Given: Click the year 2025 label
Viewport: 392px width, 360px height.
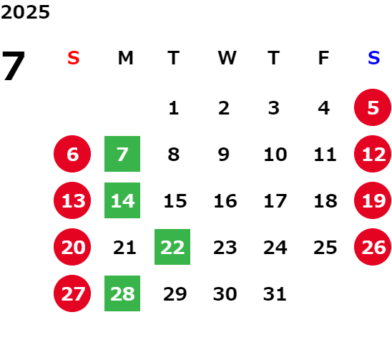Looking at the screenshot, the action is click(25, 12).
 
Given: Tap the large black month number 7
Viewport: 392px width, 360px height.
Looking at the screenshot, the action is click(14, 66).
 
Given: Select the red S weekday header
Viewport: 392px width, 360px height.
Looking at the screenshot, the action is click(74, 58).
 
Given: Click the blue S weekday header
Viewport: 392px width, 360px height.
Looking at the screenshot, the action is click(373, 58).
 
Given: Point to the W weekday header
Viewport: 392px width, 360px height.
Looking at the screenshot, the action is click(227, 58).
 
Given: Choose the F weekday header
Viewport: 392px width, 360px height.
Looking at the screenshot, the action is click(323, 58).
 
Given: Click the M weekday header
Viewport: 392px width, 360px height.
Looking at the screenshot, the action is click(125, 58).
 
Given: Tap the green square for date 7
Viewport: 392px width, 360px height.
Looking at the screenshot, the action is click(122, 154).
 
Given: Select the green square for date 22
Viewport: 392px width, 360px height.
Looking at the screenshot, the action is click(172, 247).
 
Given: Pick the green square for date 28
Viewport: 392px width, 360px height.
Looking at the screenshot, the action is click(122, 293).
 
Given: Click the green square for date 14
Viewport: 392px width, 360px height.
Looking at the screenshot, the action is click(122, 200).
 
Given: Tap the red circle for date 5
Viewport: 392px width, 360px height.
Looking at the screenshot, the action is click(373, 107).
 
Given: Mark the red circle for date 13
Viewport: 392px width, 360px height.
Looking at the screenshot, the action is click(72, 200).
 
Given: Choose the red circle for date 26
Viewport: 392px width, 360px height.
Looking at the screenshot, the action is click(373, 247).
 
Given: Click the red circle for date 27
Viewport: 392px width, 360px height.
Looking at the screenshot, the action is click(72, 293).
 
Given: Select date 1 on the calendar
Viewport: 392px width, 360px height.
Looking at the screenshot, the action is click(174, 108).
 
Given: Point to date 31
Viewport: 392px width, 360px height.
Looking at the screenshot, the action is click(275, 293).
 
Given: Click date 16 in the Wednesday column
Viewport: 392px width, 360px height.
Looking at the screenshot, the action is click(225, 200).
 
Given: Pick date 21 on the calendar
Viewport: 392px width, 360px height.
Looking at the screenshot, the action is click(124, 247).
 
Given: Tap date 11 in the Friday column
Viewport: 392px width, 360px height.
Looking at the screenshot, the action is click(325, 154).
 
